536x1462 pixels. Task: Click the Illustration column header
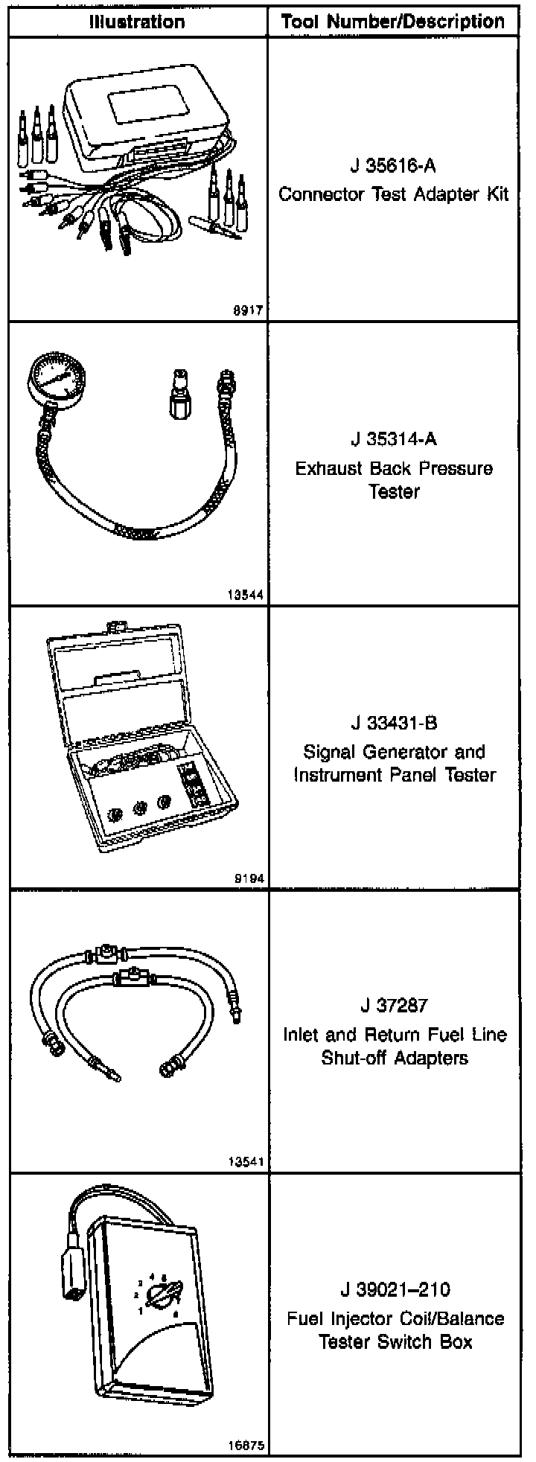click(x=137, y=22)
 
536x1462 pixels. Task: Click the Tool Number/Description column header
click(x=393, y=22)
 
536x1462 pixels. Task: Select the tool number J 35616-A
click(x=393, y=165)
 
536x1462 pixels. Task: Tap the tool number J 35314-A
click(x=393, y=438)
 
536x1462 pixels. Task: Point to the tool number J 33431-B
click(x=393, y=722)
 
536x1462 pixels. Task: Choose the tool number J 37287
click(x=393, y=1006)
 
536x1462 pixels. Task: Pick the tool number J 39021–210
click(x=393, y=1289)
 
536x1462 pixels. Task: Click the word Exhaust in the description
click(x=325, y=469)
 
